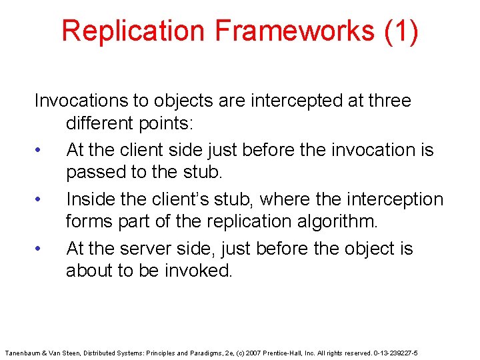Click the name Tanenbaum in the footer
point(23,351)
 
